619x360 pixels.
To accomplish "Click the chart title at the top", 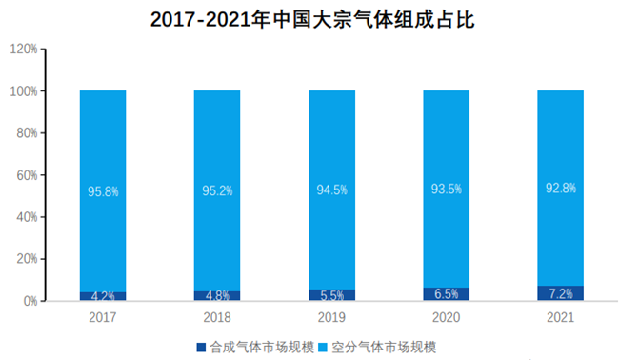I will pyautogui.click(x=310, y=19).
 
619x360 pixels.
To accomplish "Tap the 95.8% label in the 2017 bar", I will pyautogui.click(x=103, y=191).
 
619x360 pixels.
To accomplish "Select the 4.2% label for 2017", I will pyautogui.click(x=103, y=295).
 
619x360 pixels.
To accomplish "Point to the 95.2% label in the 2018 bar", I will pyautogui.click(x=217, y=190).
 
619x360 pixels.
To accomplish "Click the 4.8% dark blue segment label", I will pyautogui.click(x=217, y=295).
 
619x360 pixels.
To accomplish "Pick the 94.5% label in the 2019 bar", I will pyautogui.click(x=331, y=190).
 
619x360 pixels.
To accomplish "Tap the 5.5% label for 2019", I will pyautogui.click(x=331, y=294).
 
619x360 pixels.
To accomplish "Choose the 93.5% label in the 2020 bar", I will pyautogui.click(x=446, y=189).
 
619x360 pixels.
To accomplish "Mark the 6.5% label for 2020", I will pyautogui.click(x=446, y=293).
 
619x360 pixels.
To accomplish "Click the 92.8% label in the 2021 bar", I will pyautogui.click(x=560, y=188).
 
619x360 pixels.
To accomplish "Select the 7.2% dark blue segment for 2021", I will pyautogui.click(x=560, y=292).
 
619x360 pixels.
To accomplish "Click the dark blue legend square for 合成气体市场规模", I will pyautogui.click(x=201, y=346).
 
